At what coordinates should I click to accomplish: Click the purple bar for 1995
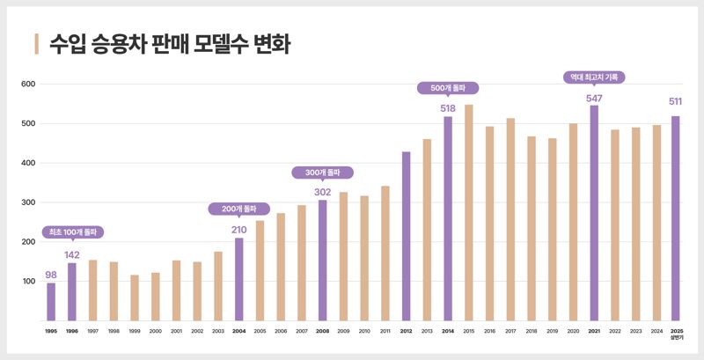click(51, 302)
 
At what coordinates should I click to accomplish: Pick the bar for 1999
click(135, 298)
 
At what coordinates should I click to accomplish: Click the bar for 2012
click(407, 237)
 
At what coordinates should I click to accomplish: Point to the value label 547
click(594, 97)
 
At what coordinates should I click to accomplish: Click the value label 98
click(51, 275)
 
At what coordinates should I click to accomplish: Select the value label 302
click(322, 192)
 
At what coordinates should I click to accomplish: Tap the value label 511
click(676, 101)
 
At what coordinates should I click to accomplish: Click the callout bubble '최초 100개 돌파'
click(73, 233)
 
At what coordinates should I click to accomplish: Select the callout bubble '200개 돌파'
click(238, 209)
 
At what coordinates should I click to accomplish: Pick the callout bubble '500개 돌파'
click(448, 88)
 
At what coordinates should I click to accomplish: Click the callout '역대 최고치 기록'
click(594, 77)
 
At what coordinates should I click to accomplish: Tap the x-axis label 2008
click(322, 331)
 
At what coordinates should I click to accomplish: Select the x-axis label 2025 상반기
click(676, 334)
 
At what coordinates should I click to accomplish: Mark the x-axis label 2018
click(532, 331)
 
